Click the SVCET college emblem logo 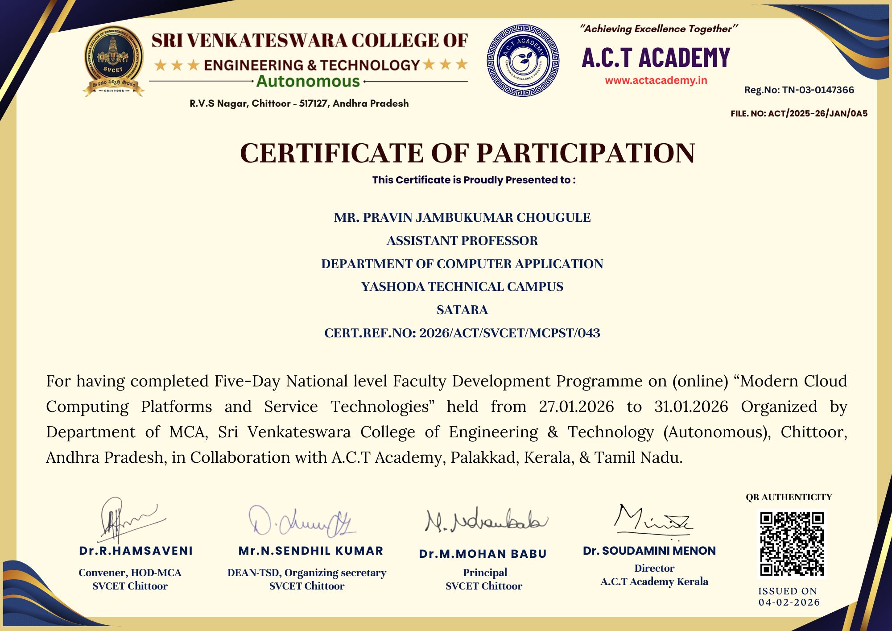113,62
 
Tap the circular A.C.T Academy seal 523,61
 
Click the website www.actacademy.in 656,80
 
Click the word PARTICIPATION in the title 586,153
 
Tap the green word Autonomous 308,82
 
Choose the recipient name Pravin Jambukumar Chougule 462,217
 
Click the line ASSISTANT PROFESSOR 462,241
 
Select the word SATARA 462,310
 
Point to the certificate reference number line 462,333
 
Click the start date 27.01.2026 576,407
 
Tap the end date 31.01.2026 691,407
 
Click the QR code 792,544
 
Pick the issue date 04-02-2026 789,602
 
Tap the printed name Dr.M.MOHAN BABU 483,554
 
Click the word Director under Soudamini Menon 654,568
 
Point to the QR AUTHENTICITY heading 789,497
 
